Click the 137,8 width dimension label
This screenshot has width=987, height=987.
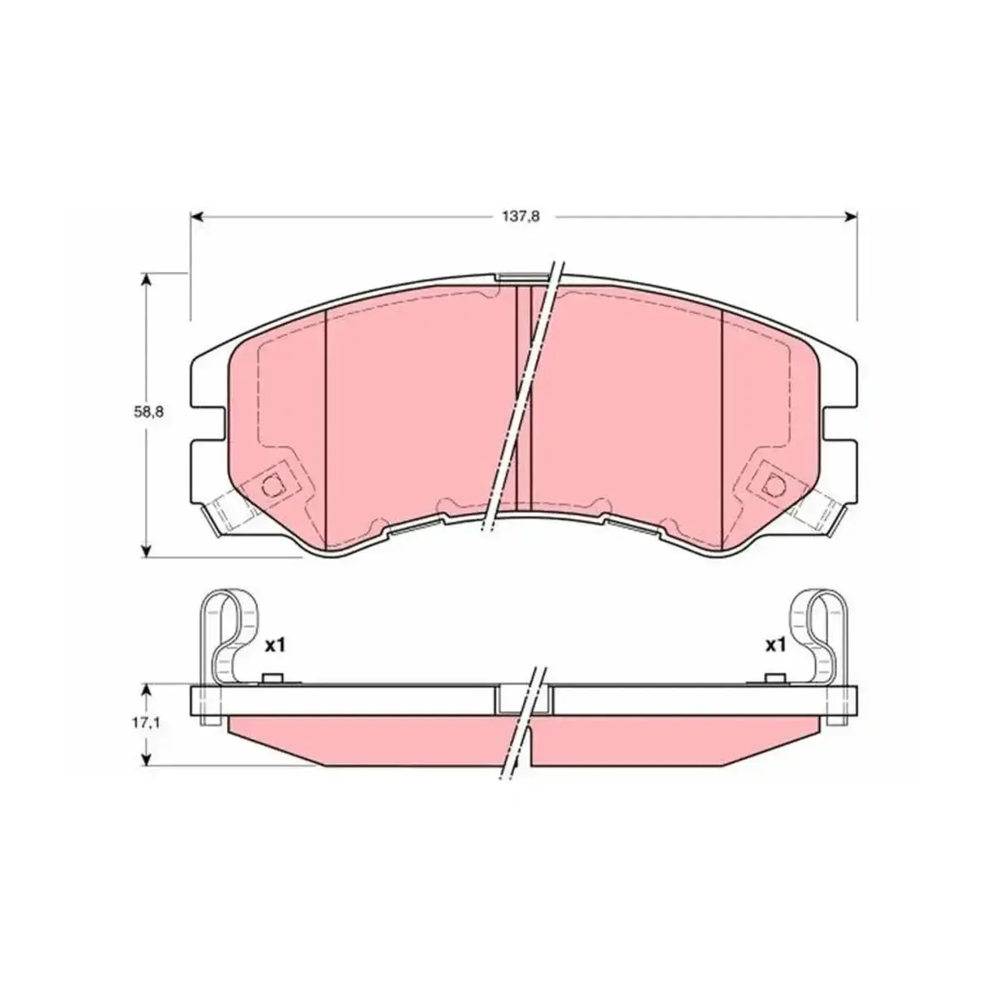[x=520, y=216]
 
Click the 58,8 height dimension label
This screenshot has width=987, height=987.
[x=149, y=412]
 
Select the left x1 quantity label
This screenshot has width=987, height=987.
[x=275, y=646]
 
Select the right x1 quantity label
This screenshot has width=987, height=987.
[x=775, y=646]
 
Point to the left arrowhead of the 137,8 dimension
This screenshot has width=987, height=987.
[x=197, y=216]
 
